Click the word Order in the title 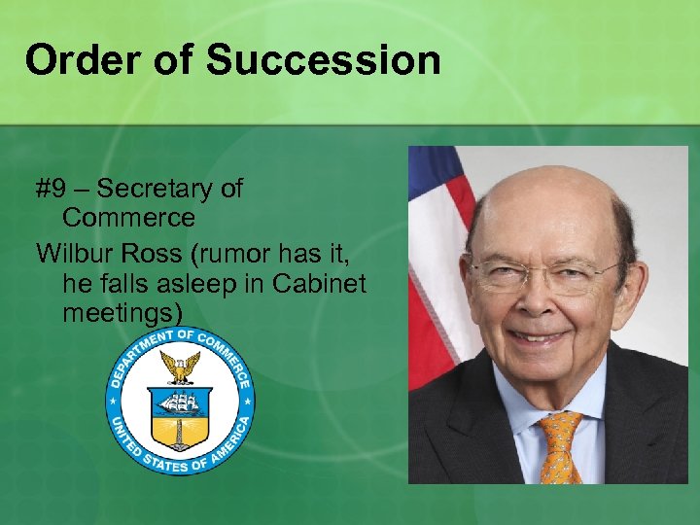81,60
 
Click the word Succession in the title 323,60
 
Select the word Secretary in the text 169,188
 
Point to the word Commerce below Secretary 128,216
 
